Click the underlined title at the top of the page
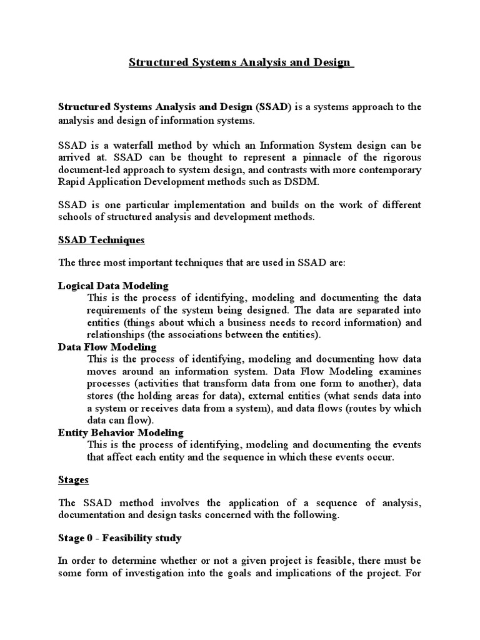click(x=240, y=63)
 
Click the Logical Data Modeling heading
click(x=113, y=286)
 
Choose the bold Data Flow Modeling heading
click(x=107, y=346)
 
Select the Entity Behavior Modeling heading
click(x=121, y=432)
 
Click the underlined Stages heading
click(x=73, y=479)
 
